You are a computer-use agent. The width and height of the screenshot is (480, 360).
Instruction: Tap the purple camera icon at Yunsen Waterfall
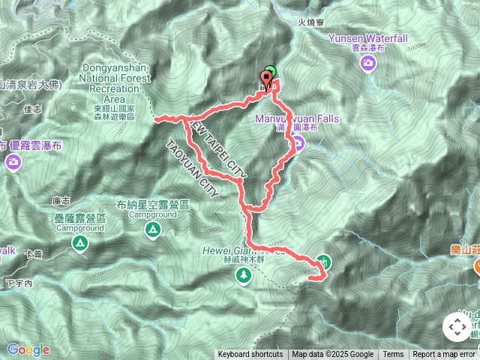coord(368,64)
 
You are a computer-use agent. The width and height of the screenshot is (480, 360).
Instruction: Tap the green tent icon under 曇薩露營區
coord(79,243)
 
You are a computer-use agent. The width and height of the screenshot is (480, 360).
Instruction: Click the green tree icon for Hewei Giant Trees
coord(244,275)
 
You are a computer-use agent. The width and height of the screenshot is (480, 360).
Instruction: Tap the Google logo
coord(28,349)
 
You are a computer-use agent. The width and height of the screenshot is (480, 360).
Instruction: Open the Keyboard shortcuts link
coord(250,355)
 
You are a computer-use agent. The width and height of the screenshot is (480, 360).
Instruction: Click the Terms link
coord(393,355)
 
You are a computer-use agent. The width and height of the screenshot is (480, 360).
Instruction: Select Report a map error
coord(444,355)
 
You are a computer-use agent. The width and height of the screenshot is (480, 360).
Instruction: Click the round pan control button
coord(457,327)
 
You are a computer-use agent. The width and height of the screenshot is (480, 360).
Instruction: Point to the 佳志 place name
coord(32,109)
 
